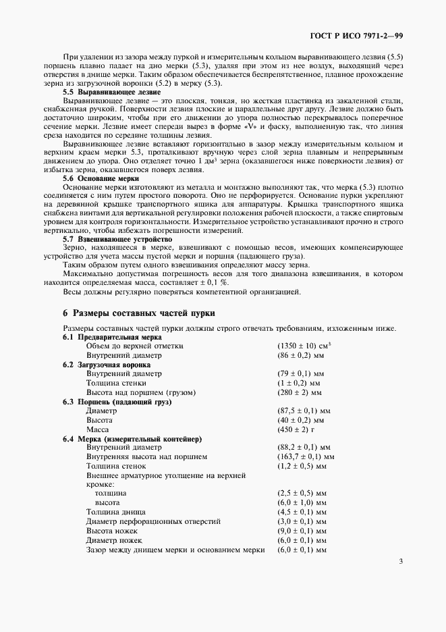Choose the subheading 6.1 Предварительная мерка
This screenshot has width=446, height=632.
pos(112,336)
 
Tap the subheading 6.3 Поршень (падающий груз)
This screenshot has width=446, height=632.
pos(117,401)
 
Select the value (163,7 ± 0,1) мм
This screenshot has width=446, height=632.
pos(305,456)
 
